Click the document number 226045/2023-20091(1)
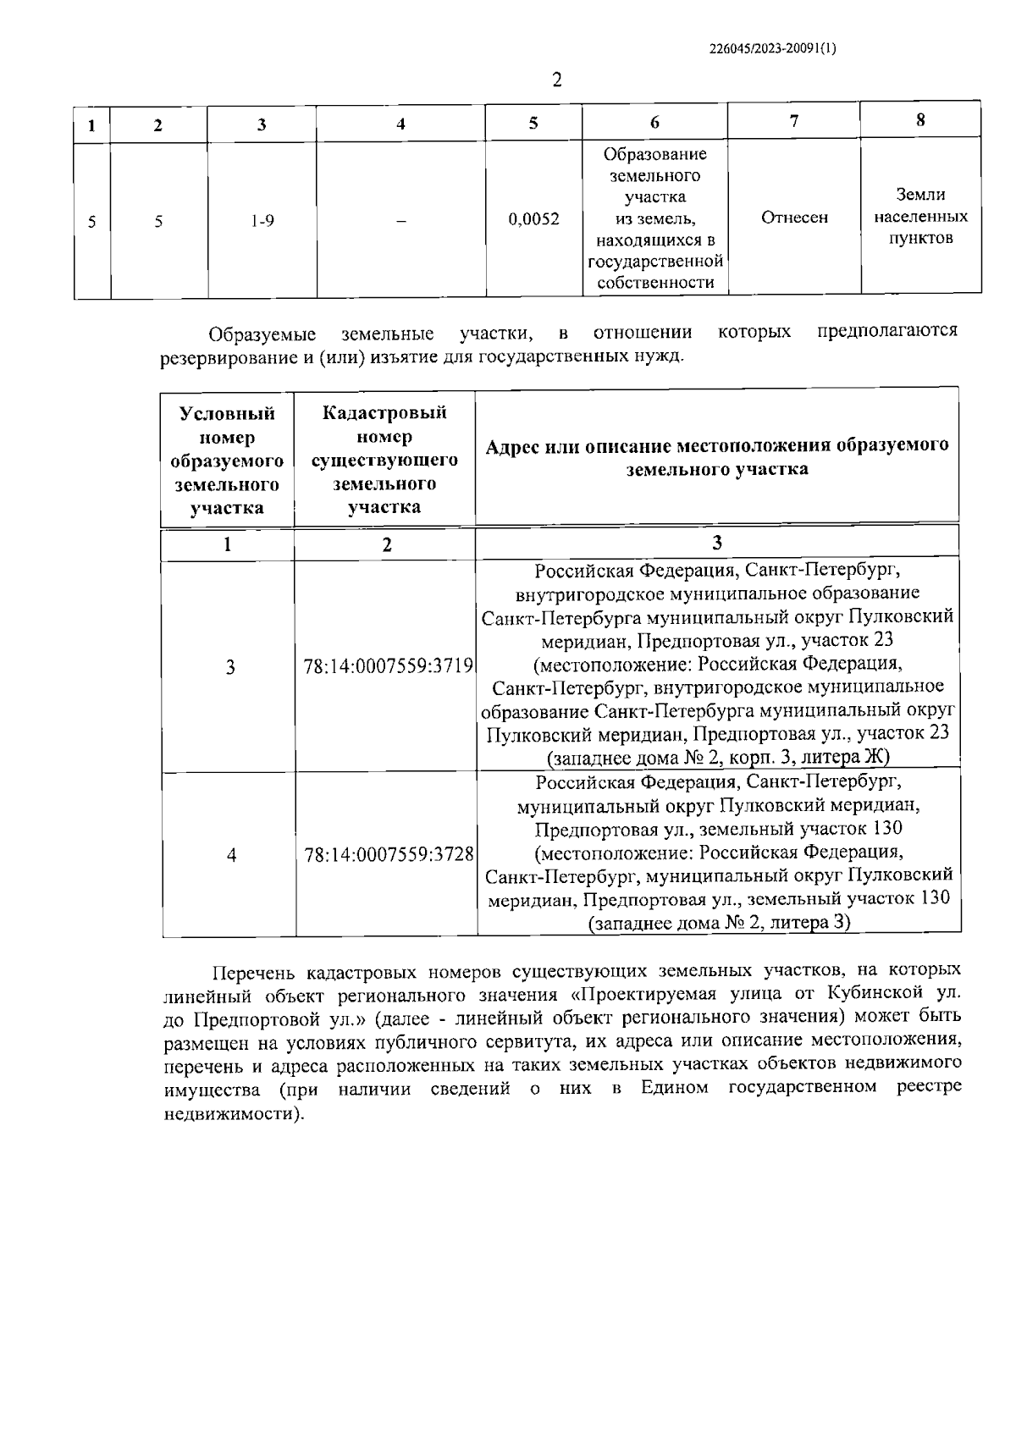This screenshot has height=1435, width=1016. (x=771, y=48)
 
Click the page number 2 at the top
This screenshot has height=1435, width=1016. (x=556, y=80)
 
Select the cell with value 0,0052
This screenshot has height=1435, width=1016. (x=533, y=219)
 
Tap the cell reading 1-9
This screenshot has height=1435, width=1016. (x=262, y=221)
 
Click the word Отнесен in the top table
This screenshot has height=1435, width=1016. (x=794, y=218)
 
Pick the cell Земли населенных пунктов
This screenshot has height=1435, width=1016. (x=920, y=217)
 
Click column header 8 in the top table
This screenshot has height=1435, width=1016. (x=920, y=120)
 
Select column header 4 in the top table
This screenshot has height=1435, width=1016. (x=400, y=124)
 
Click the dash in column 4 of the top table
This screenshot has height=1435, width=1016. (x=400, y=221)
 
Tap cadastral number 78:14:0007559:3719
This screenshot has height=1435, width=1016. (x=387, y=666)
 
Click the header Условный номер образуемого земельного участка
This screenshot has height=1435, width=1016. (x=227, y=461)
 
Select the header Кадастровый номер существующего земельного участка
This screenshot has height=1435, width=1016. (x=384, y=460)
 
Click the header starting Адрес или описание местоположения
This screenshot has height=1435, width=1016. (x=717, y=457)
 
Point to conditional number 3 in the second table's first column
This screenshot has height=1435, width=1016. (x=230, y=668)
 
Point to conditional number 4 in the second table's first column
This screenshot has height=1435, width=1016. (x=231, y=855)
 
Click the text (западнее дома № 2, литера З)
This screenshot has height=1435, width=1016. (x=719, y=923)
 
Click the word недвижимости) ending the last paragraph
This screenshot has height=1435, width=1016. (x=232, y=1115)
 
